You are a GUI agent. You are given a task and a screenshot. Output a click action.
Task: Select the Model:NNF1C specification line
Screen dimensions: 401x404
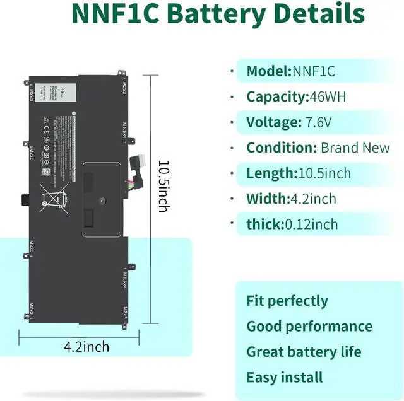[290, 71]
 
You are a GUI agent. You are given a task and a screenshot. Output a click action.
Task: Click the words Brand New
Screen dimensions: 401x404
[355, 148]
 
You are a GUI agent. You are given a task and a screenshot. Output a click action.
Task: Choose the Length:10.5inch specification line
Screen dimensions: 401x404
[299, 173]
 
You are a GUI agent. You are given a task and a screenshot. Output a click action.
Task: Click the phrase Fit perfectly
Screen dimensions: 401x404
[287, 301]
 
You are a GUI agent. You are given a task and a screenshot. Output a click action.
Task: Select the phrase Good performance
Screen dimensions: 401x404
[309, 326]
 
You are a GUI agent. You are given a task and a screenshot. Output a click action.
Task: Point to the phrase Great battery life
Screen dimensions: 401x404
[304, 352]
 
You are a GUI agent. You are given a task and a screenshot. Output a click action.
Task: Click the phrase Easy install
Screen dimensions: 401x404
[285, 378]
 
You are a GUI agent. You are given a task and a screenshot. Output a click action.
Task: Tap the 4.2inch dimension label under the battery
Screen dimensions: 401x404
[86, 347]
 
